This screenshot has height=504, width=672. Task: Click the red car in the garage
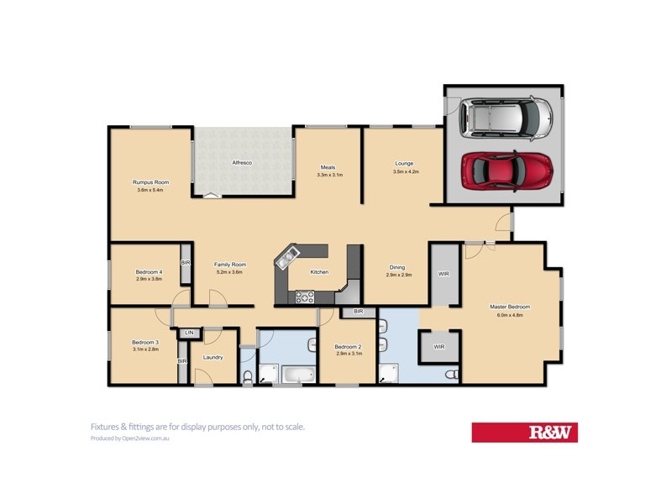point(507,171)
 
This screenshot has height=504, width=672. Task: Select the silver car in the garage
point(506,118)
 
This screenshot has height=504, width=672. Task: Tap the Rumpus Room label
point(151,182)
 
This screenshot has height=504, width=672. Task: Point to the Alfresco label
point(243,162)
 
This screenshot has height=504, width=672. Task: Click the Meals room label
point(328,166)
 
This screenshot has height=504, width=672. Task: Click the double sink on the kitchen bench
point(286,255)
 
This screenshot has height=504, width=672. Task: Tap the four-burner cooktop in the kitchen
point(304,296)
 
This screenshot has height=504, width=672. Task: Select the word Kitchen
point(319,272)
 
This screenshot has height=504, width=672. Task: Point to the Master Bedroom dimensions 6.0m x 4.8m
point(511,316)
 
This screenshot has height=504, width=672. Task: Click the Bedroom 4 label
point(149,271)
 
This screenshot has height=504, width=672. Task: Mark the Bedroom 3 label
point(144,342)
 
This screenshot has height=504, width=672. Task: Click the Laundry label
point(213,357)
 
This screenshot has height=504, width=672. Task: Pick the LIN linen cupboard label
point(190,333)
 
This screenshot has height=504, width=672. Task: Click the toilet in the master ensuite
point(452,373)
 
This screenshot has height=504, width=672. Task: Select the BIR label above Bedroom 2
point(358,312)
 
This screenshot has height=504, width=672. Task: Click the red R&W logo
point(524,433)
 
